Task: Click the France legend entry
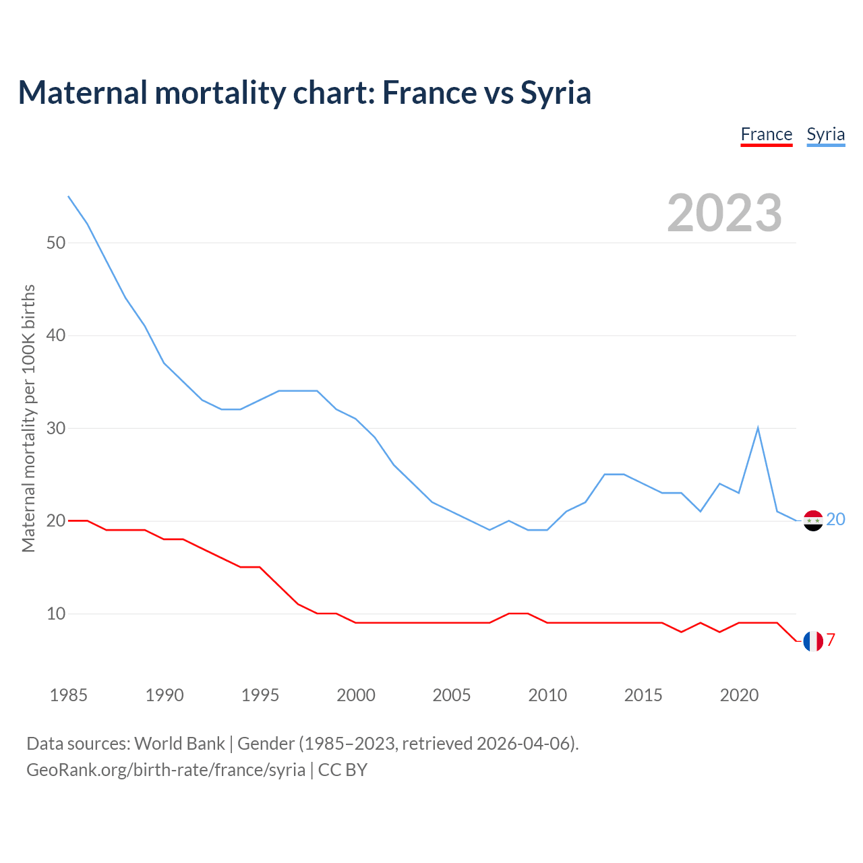[x=766, y=134]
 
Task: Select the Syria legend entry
[x=825, y=134]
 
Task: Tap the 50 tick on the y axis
[x=56, y=243]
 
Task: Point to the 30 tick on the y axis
[x=56, y=428]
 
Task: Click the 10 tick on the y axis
[x=56, y=614]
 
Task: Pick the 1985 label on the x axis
[x=69, y=695]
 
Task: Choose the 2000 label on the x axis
[x=356, y=695]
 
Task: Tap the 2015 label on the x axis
[x=643, y=695]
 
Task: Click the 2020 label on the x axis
[x=739, y=695]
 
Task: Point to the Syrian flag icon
[x=813, y=520]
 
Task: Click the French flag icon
[x=813, y=641]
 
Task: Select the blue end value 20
[x=835, y=519]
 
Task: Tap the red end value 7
[x=831, y=640]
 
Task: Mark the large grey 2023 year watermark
[x=724, y=213]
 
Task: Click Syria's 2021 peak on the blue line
[x=758, y=428]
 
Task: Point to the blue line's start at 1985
[x=69, y=196]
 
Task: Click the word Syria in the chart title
[x=556, y=92]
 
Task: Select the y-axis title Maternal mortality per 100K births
[x=28, y=418]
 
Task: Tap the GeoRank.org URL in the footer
[x=166, y=769]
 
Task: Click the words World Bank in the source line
[x=179, y=743]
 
